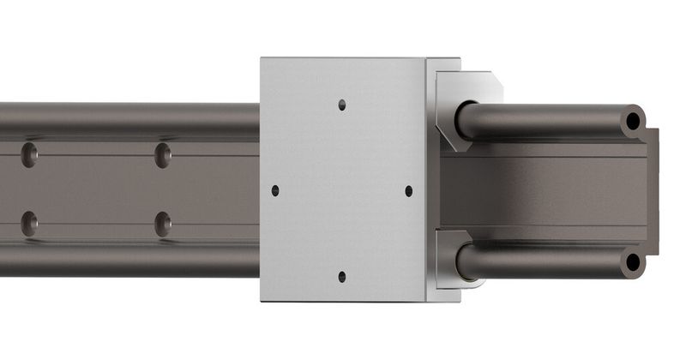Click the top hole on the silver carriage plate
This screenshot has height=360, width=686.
(341, 105)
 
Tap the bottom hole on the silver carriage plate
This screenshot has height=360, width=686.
(341, 276)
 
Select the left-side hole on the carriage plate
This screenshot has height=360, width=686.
(275, 190)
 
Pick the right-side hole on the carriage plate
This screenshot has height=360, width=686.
(408, 190)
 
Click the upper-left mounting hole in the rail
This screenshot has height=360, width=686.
(30, 155)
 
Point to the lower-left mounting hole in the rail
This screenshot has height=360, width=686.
(30, 224)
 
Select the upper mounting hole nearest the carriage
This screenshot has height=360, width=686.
(163, 155)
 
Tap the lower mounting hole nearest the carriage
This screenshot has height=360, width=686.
(163, 224)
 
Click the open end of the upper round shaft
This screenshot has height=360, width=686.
(633, 122)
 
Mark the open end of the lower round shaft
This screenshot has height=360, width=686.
(633, 261)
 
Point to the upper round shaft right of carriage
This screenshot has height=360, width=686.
(549, 122)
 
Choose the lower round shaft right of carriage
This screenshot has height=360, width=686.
(549, 261)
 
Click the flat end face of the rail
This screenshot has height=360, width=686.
(653, 190)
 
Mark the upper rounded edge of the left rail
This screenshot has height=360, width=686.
(129, 116)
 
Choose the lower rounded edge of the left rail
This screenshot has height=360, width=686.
(129, 261)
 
